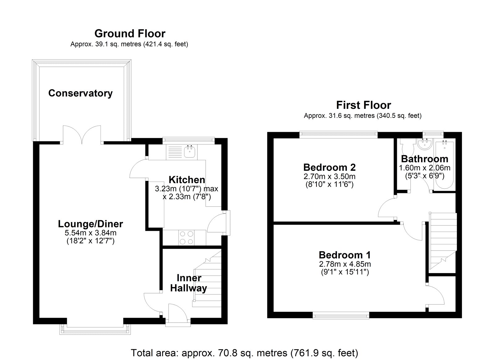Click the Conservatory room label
tap(80, 93)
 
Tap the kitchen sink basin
tap(190, 152)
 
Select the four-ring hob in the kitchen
tap(187, 238)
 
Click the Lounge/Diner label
tap(90, 224)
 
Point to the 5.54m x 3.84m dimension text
tap(90, 233)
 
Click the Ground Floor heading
tap(130, 34)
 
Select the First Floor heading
tap(364, 105)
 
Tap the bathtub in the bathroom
tap(444, 165)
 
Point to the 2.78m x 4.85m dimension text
tap(345, 264)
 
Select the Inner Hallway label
tap(188, 283)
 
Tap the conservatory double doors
tap(82, 135)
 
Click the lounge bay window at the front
tap(95, 329)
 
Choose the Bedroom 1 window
tap(341, 315)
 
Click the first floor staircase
tap(443, 241)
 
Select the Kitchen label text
tap(187, 180)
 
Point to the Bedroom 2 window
tap(338, 135)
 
